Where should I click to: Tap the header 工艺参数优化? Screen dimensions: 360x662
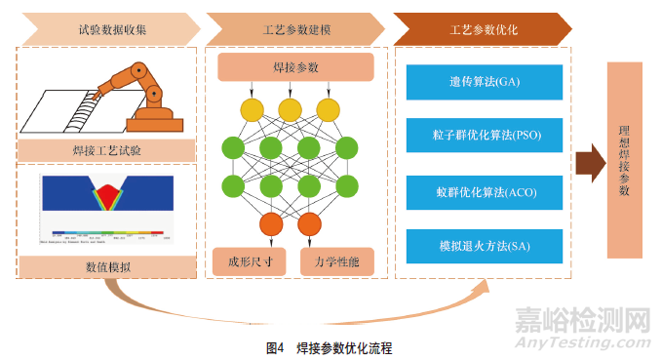(x=482, y=29)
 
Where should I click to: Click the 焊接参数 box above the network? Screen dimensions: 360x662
(x=295, y=68)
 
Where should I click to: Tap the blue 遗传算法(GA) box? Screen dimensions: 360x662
(x=484, y=82)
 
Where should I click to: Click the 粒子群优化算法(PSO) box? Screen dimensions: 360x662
(x=484, y=134)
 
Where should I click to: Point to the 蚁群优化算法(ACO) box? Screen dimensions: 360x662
(x=484, y=191)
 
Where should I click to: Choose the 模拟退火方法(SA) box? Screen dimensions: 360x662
(x=484, y=243)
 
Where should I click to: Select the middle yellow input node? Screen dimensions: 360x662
(x=290, y=109)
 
